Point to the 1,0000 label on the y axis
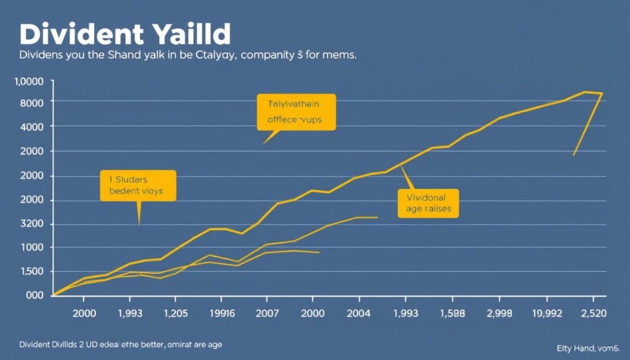click(x=28, y=82)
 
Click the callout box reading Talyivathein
click(x=297, y=112)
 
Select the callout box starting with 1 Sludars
click(x=138, y=186)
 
